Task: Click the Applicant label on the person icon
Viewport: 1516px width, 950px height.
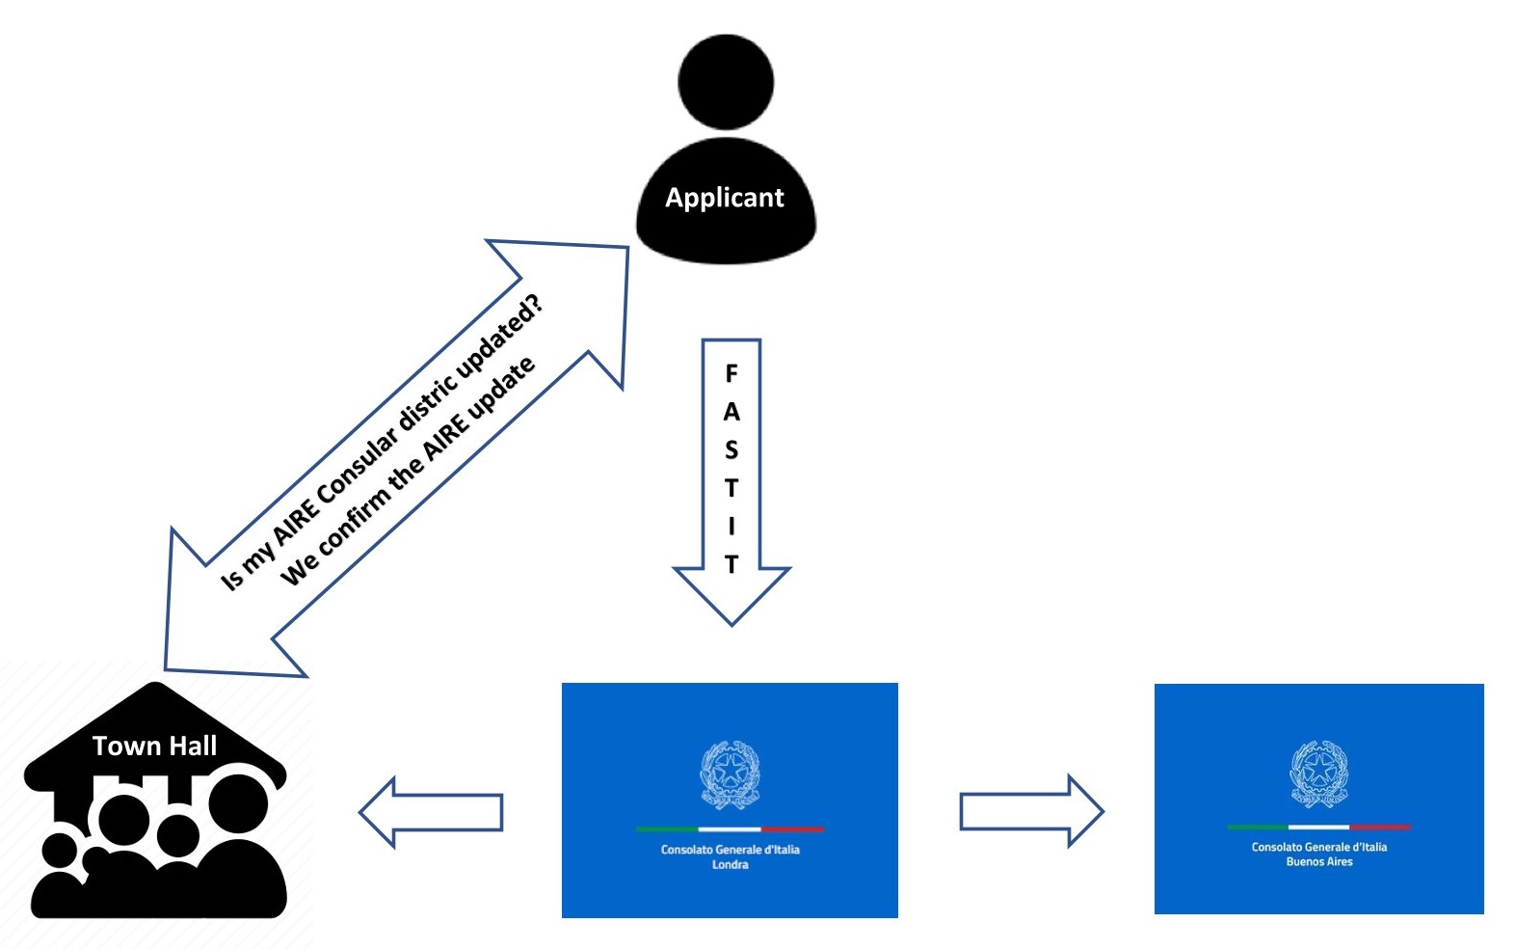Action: coord(725,198)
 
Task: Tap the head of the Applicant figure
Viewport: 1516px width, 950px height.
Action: coord(726,82)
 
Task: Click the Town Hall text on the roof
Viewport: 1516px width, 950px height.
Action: coord(154,746)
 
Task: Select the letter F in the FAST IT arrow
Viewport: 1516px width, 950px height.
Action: coord(731,373)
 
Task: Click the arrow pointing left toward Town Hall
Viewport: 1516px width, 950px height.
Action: coord(430,812)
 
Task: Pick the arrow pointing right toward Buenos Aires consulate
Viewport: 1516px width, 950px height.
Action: coord(1031,811)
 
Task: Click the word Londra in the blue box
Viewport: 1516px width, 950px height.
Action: coord(730,865)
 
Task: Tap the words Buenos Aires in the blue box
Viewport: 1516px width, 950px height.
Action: coord(1318,862)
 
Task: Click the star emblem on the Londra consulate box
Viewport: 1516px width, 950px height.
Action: coord(730,772)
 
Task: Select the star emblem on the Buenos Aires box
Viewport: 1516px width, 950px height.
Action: coord(1318,771)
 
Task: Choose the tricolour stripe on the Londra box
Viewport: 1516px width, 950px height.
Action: coord(730,829)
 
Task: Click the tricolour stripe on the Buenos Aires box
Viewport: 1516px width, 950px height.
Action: coord(1318,827)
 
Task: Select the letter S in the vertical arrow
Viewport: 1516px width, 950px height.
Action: coord(731,450)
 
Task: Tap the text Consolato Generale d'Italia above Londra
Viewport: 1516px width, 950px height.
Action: coord(730,850)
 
